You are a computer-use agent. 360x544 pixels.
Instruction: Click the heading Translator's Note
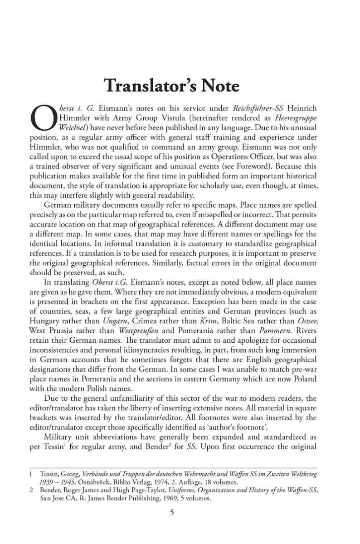(x=180, y=86)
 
